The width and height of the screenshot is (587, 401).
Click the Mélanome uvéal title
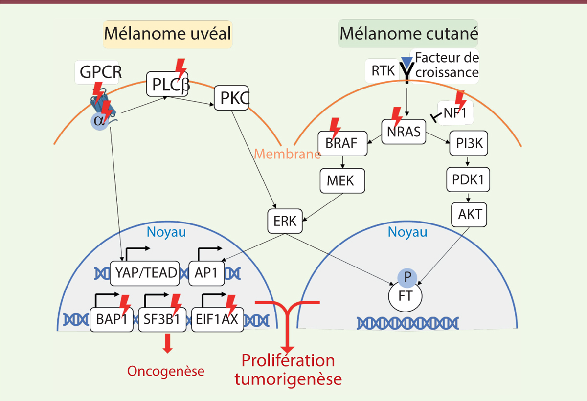[x=167, y=34]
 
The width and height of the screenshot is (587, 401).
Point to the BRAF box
[x=342, y=143]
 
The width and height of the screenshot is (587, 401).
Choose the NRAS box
[x=404, y=132]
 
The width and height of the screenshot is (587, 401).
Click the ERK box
[x=285, y=221]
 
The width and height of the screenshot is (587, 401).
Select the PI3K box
[x=468, y=144]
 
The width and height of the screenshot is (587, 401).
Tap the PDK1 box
[x=468, y=179]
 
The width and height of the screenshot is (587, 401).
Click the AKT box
[x=470, y=214]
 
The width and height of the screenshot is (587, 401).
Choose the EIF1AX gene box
[x=218, y=319]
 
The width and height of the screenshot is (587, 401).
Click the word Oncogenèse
[x=165, y=371]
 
